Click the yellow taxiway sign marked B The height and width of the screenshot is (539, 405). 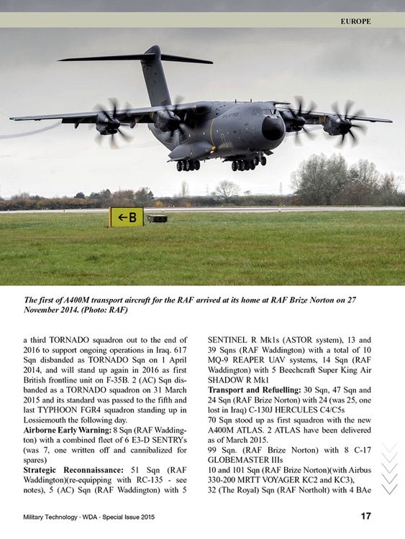coord(126,217)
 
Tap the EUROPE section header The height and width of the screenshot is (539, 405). coord(355,21)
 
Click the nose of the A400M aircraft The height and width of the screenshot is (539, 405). coord(276,129)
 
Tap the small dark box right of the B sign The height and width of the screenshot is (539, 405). coord(156,218)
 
